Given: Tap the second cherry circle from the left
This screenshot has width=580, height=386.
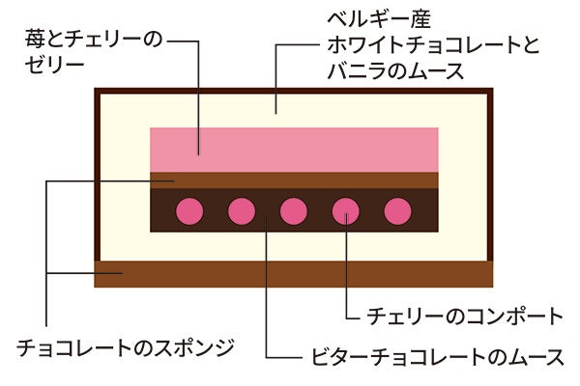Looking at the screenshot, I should pos(242,209).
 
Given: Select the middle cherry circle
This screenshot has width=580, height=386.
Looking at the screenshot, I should pos(293,209).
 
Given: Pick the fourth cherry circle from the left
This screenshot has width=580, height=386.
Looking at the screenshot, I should pos(345,209).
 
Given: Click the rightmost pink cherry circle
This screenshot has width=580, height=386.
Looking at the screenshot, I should pos(397,209).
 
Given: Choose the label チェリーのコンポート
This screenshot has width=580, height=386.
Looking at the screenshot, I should pos(465,316).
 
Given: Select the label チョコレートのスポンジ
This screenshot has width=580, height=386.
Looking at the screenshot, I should pos(127,345).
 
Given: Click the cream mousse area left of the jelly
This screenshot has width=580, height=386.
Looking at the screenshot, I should pos(125,154).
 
